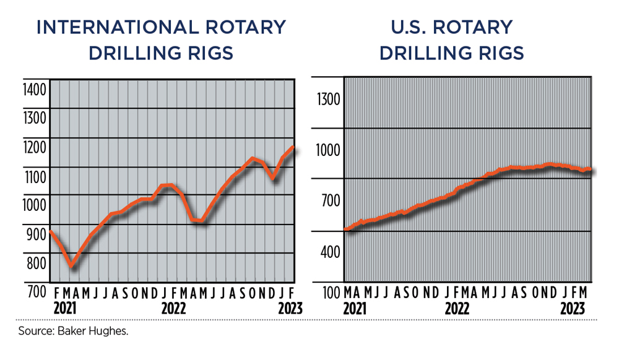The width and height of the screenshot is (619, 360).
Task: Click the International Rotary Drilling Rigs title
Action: pos(161,40)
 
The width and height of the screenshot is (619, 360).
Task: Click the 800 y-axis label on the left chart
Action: pos(37,263)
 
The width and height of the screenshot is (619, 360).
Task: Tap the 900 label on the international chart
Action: pos(37,234)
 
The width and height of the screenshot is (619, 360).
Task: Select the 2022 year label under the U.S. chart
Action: pos(457,307)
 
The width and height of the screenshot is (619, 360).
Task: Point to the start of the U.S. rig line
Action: pos(345,229)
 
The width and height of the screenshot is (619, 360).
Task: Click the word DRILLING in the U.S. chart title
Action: pos(420,53)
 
